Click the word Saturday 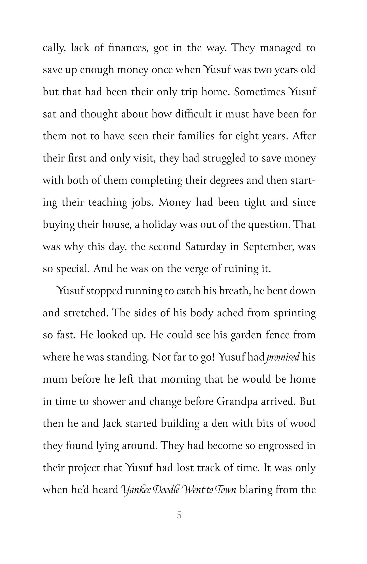(205, 247)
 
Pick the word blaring (255, 489)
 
